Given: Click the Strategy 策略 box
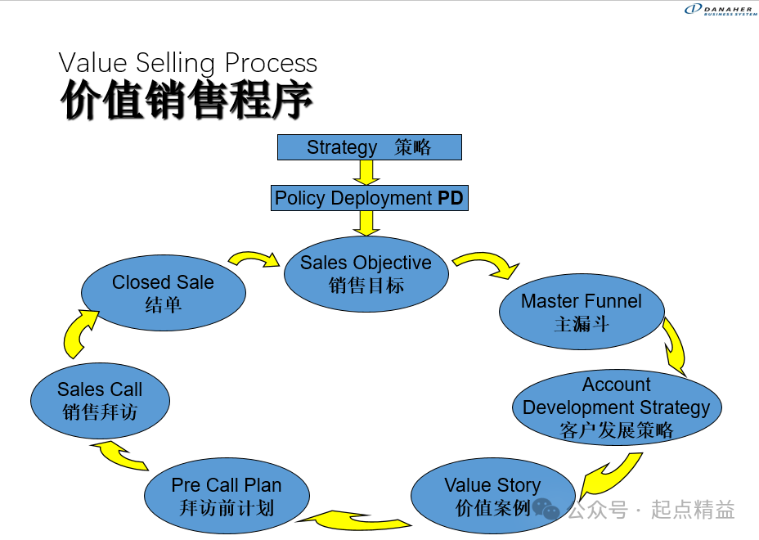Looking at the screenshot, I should pos(370,147).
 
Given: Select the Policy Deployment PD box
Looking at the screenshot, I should pos(370,198).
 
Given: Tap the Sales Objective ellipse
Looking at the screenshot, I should pos(366,274).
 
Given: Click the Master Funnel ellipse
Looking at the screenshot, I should pos(582,313).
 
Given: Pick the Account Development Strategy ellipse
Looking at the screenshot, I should pos(617,407).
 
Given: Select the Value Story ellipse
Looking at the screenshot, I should pos(492,497).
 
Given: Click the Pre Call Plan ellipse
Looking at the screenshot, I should pos(227,497).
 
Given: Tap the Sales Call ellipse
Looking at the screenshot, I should pos(100,401).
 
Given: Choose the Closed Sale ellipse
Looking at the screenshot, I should pos(164,293).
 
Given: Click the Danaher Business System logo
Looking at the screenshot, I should pos(721,9).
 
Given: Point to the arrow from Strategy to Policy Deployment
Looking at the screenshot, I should pos(366,172).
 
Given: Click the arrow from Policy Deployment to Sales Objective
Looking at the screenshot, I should pos(366,223).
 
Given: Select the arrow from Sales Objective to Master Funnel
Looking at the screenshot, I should pos(487,264).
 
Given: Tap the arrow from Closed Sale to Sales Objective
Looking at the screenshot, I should pos(254,259).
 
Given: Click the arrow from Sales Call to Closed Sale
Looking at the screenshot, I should pos(79,332).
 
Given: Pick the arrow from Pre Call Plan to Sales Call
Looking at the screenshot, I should pos(119,455).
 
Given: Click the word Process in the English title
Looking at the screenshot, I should pos(271,63).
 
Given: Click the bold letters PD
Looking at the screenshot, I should pos(450,198).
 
